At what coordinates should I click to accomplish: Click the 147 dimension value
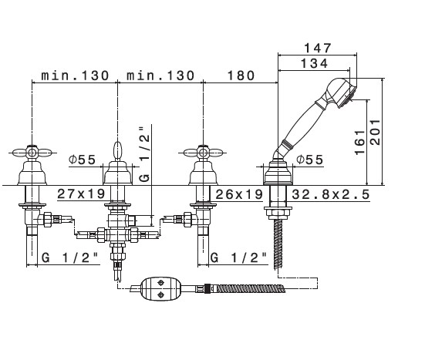pyautogui.click(x=317, y=48)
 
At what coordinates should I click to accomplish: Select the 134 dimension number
pyautogui.click(x=315, y=63)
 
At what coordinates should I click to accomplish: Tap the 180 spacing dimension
pyautogui.click(x=241, y=76)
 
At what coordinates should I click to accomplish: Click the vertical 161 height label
pyautogui.click(x=360, y=143)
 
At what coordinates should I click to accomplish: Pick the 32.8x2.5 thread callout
pyautogui.click(x=331, y=194)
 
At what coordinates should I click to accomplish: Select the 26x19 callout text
pyautogui.click(x=239, y=194)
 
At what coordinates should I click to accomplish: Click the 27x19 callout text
pyautogui.click(x=81, y=193)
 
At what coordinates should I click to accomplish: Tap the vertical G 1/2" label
pyautogui.click(x=144, y=155)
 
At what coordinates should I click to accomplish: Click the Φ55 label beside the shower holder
pyautogui.click(x=310, y=160)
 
